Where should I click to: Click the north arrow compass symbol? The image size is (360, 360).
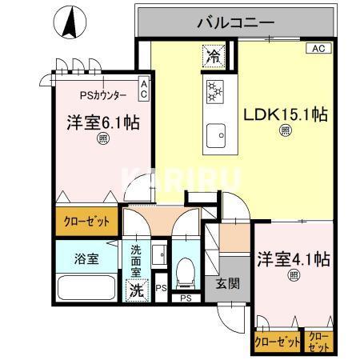pos(70,21)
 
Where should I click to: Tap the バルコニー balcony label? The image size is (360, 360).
pos(236,22)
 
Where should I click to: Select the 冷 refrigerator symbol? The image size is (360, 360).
pos(214,56)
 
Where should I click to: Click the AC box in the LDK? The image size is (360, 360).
pos(316,48)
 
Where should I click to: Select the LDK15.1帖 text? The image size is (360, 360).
pos(285,114)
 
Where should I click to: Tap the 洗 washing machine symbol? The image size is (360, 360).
pos(138,290)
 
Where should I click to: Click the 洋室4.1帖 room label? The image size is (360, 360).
pos(294,260)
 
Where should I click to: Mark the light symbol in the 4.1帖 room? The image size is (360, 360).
pos(294,275)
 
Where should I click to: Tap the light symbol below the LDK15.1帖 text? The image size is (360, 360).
pos(285,131)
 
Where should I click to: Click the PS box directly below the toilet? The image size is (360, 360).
pos(186,298)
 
